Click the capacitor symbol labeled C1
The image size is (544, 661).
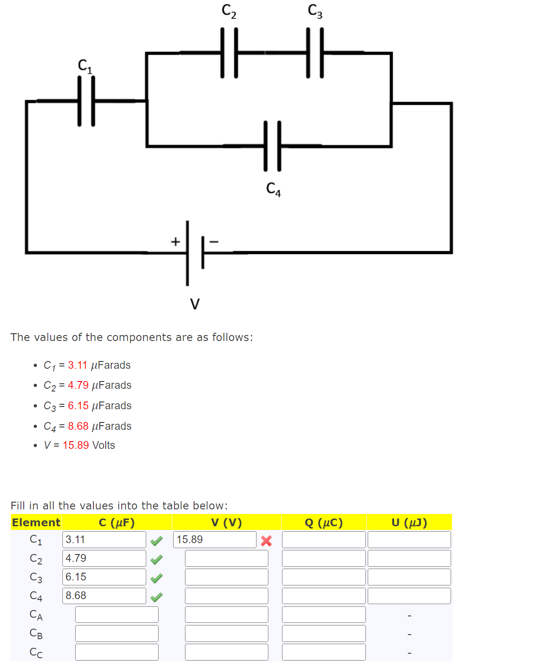(x=86, y=101)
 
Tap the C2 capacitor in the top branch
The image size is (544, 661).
(x=229, y=53)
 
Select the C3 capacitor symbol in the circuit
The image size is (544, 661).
(x=315, y=53)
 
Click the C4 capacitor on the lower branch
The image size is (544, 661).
(x=272, y=146)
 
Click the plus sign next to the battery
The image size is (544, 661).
(x=175, y=242)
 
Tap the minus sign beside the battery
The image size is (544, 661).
(x=214, y=242)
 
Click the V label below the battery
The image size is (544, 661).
(x=195, y=304)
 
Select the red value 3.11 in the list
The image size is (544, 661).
(x=77, y=365)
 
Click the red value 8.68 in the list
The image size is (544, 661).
(x=78, y=426)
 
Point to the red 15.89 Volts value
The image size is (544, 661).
(x=76, y=445)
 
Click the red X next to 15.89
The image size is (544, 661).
(x=267, y=541)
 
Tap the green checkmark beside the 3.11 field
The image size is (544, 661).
(x=156, y=541)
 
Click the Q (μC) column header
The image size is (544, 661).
(x=323, y=523)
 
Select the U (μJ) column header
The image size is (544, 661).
(x=409, y=523)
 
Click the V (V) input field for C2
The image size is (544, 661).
(x=226, y=559)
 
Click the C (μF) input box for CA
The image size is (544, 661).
(x=117, y=615)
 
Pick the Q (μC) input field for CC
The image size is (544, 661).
(x=323, y=652)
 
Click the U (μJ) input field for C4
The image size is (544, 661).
(x=409, y=596)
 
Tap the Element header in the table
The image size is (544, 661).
(x=36, y=523)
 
